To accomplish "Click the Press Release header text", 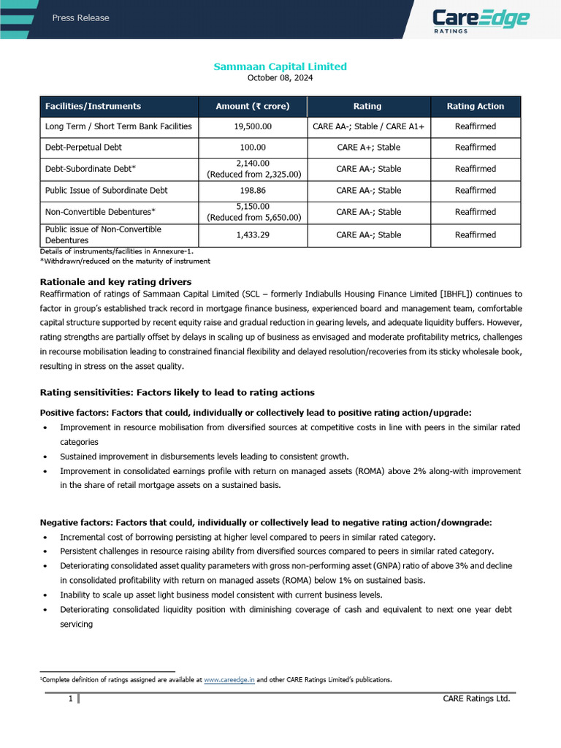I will (x=80, y=18).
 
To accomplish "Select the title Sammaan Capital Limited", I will (x=280, y=66).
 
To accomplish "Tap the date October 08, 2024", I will (x=280, y=77).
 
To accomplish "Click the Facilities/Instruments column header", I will (x=93, y=106).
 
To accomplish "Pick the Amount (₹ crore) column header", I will (x=253, y=106).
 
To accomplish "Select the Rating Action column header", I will (x=475, y=106).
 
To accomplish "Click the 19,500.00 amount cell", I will (x=253, y=126).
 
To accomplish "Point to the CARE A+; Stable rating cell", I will (x=368, y=147).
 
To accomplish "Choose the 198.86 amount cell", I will (x=253, y=190).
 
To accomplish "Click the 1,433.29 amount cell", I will (x=253, y=234).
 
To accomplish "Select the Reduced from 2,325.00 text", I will (x=253, y=174).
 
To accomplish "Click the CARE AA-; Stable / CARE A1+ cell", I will (x=368, y=126).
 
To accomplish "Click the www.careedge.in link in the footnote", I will (x=229, y=679).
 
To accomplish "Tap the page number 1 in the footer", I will (x=70, y=699).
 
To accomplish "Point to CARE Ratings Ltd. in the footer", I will (x=476, y=699).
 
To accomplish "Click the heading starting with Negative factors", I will (x=266, y=522).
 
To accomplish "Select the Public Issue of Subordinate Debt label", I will (x=106, y=190).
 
